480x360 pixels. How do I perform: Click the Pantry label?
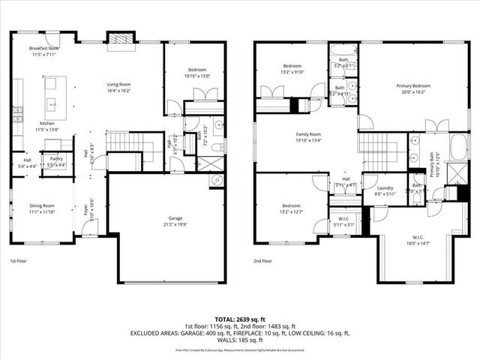[x=55, y=161]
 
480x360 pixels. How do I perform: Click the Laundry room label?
[x=385, y=190]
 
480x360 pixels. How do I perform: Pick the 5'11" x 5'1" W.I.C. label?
[x=345, y=222]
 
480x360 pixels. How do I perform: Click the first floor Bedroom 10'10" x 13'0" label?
[x=194, y=72]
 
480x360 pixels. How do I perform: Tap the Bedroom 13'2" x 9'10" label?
[x=291, y=69]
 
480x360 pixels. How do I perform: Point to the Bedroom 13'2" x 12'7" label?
[x=291, y=208]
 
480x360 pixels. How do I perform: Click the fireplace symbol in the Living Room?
[x=118, y=39]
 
